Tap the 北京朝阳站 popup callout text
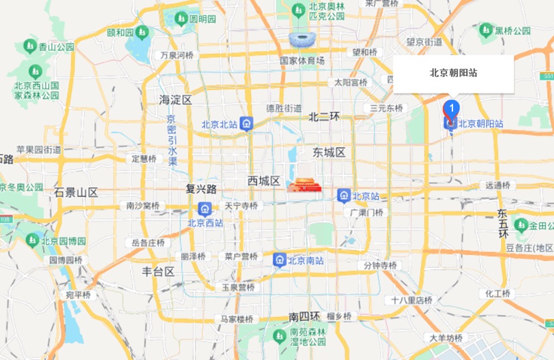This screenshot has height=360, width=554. [x=454, y=73]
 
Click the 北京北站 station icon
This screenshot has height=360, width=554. [x=247, y=124]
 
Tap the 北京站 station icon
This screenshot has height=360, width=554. [x=344, y=196]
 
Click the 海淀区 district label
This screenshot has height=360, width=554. [x=175, y=100]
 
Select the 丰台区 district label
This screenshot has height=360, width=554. [x=158, y=272]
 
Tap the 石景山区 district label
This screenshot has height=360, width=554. [x=77, y=192]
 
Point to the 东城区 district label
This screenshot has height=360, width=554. [x=329, y=153]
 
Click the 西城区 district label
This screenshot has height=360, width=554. [x=264, y=180]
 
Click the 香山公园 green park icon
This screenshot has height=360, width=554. [x=30, y=46]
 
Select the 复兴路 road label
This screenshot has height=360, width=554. [x=201, y=188]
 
